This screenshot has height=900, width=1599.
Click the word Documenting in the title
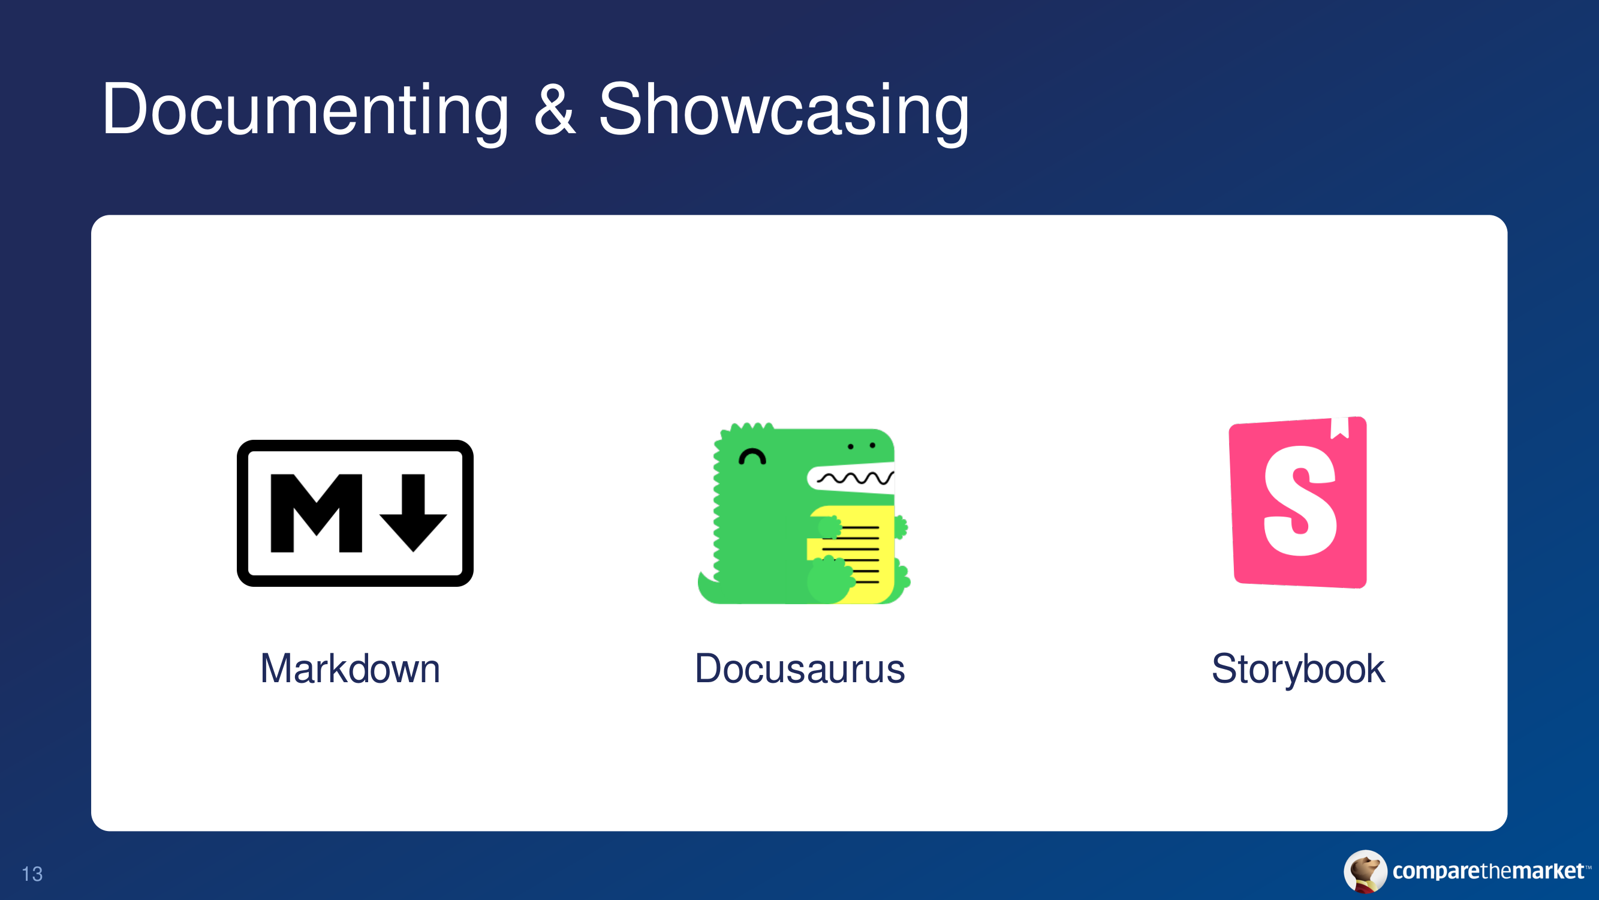coord(305,110)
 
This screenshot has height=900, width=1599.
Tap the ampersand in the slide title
coord(555,109)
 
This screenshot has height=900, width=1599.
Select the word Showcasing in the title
coord(784,110)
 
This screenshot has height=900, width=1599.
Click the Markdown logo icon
coord(355,513)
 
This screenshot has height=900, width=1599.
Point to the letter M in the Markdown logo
coord(317,513)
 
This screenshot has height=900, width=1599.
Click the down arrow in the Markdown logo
coord(414,513)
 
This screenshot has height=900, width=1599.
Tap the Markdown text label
coord(350,669)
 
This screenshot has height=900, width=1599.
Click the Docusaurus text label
coord(800,669)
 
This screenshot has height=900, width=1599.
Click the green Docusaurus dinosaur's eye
coord(752,457)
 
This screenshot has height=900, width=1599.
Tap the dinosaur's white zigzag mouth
coord(850,478)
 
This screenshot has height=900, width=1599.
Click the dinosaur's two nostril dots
coord(862,446)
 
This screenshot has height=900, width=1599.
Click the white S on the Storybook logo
coord(1300,500)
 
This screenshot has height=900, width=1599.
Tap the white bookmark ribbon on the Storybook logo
coord(1339,428)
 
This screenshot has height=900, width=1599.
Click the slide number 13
coord(32,874)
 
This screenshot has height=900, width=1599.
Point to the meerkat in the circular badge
coord(1365,871)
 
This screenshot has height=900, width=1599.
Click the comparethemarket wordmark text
coord(1488,871)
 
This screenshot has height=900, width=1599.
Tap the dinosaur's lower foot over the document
coord(829,579)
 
